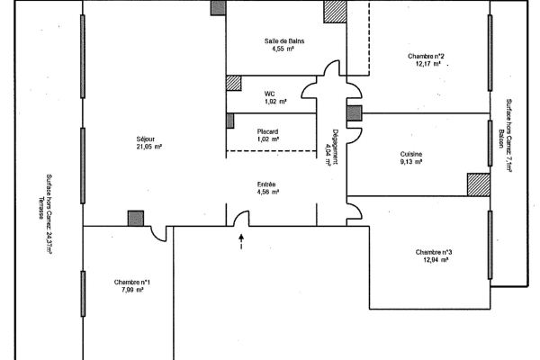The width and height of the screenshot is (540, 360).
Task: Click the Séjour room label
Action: pyautogui.click(x=146, y=139)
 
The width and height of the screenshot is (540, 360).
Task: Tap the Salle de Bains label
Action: pyautogui.click(x=284, y=41)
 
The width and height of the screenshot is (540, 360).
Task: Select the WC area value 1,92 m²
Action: pyautogui.click(x=275, y=102)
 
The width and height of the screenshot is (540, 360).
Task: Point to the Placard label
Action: pyautogui.click(x=267, y=131)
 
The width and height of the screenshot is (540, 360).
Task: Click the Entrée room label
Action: pyautogui.click(x=266, y=184)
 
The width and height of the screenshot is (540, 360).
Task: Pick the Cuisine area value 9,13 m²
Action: pyautogui.click(x=411, y=162)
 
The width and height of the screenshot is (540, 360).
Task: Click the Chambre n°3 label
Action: pyautogui.click(x=434, y=252)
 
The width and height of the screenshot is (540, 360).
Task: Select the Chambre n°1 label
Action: pyautogui.click(x=132, y=282)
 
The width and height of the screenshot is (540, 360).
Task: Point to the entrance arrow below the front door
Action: pyautogui.click(x=241, y=241)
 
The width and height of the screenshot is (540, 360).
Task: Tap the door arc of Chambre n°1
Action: pyautogui.click(x=157, y=236)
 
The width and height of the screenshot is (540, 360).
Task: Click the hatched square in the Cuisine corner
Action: pyautogui.click(x=479, y=184)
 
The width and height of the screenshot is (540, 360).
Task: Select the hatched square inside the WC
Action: pyautogui.click(x=233, y=84)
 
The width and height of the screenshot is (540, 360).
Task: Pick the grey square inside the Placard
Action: pyautogui.click(x=230, y=121)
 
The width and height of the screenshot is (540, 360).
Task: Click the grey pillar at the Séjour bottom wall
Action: pyautogui.click(x=136, y=219)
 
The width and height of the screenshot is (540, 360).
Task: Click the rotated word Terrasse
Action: pyautogui.click(x=41, y=208)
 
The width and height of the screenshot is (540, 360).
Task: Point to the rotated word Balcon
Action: pyautogui.click(x=501, y=139)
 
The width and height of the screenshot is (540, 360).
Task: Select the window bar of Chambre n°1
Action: pyautogui.click(x=83, y=293)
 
